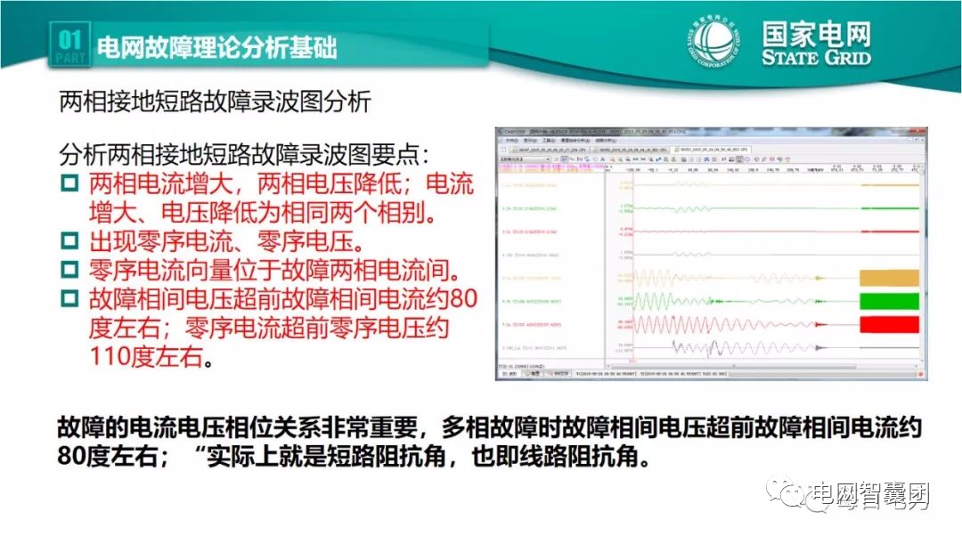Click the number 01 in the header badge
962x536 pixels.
[69, 39]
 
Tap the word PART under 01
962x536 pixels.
[69, 58]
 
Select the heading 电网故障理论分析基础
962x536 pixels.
[216, 47]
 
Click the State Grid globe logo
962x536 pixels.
[718, 44]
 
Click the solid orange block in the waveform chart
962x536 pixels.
[887, 276]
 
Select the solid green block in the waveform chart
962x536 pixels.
[887, 299]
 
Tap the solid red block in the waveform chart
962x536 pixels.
[887, 322]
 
